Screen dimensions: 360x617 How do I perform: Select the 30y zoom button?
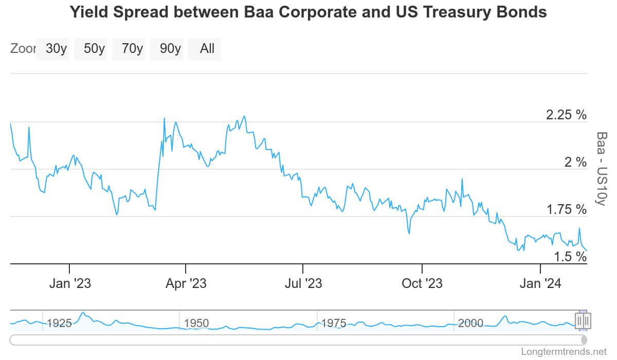click(x=56, y=49)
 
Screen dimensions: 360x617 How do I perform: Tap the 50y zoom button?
click(x=94, y=49)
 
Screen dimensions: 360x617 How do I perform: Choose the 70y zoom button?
click(x=132, y=49)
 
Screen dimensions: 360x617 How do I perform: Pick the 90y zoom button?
click(x=170, y=49)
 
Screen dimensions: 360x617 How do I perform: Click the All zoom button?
click(x=207, y=49)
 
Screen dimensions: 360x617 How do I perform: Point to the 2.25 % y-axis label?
click(x=566, y=115)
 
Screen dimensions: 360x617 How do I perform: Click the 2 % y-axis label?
click(x=575, y=163)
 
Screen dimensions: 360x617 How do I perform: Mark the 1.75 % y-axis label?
click(x=566, y=209)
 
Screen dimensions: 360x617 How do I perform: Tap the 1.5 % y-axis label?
click(x=570, y=256)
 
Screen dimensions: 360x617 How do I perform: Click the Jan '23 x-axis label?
click(x=69, y=283)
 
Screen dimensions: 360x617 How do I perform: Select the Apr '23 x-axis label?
click(x=186, y=283)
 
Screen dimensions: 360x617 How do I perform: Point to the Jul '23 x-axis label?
click(x=303, y=283)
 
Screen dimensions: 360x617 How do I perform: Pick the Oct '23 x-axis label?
click(x=422, y=283)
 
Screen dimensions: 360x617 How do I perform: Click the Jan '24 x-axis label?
click(x=540, y=283)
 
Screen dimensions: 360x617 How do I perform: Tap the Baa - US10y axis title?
click(x=601, y=168)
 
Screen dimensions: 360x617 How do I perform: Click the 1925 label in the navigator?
click(x=59, y=323)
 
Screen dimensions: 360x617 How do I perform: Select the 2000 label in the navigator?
click(x=470, y=323)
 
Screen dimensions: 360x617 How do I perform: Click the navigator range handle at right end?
click(x=583, y=321)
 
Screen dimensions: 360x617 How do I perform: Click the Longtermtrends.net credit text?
click(x=564, y=352)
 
